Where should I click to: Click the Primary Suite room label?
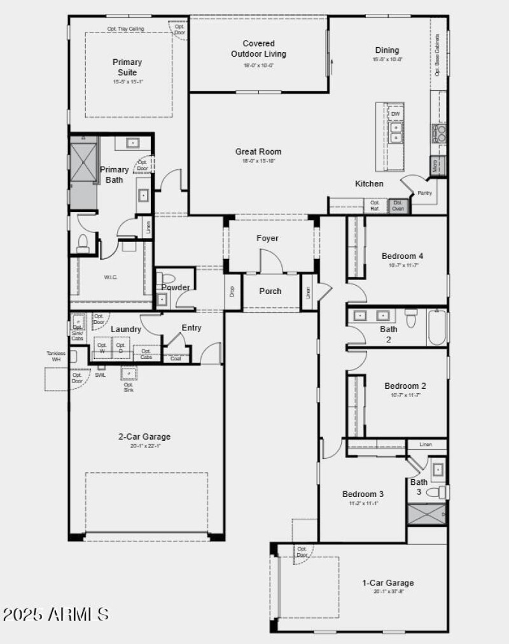[x=127, y=67]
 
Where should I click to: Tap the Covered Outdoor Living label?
[x=258, y=49]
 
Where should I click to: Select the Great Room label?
[x=258, y=151]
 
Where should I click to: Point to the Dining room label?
[x=387, y=50]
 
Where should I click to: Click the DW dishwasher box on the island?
[x=395, y=114]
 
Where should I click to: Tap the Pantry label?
[x=425, y=193]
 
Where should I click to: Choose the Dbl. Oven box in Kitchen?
[x=398, y=206]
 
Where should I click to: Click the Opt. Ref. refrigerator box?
[x=375, y=206]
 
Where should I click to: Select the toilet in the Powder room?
[x=166, y=278]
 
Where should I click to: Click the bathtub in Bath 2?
[x=436, y=327]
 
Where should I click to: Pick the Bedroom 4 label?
[x=402, y=256]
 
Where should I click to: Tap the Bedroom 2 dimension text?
[x=405, y=395]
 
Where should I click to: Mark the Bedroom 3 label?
[x=363, y=494]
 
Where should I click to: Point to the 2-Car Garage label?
[x=144, y=437]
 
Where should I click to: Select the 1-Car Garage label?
[x=387, y=582]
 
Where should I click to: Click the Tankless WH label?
[x=56, y=356]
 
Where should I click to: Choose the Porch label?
[x=270, y=291]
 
